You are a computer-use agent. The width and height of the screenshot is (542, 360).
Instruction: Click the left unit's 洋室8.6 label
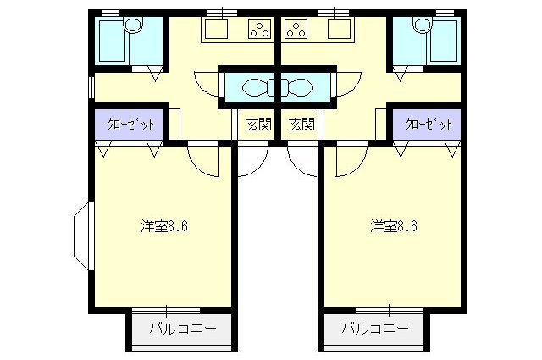point(164,226)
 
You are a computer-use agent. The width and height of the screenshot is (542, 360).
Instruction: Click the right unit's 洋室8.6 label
point(392,226)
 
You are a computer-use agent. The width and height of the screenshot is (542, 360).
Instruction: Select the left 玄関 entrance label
point(258,125)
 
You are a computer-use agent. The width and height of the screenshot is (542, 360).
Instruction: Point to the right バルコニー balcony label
point(375,328)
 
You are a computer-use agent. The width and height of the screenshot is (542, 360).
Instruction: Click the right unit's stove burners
point(296,31)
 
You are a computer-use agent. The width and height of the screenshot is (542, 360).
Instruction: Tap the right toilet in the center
point(301,86)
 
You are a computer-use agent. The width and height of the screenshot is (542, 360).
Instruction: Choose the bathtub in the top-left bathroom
point(111,41)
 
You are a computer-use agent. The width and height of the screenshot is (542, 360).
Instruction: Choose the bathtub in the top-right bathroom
point(445,41)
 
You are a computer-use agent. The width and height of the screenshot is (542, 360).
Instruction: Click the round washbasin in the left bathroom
point(134,26)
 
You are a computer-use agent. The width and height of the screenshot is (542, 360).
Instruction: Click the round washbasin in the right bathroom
point(423,26)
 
